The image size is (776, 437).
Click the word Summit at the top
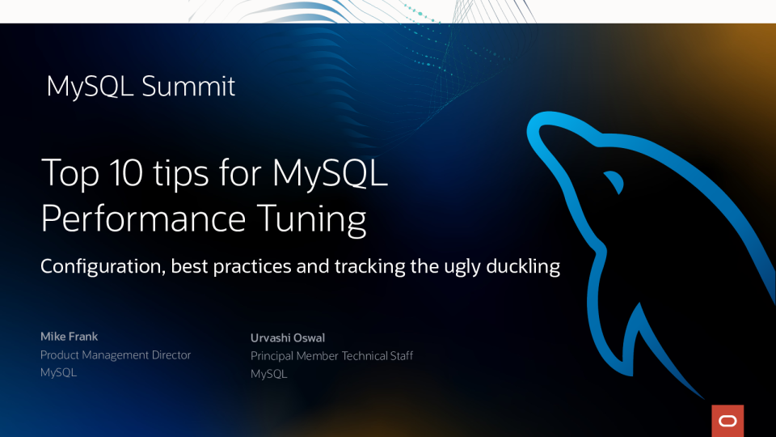click(188, 87)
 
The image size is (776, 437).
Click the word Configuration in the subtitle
click(103, 266)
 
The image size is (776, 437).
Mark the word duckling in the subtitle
click(521, 266)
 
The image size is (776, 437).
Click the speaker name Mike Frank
click(69, 336)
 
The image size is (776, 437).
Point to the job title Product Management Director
click(116, 354)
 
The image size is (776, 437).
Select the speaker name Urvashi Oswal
click(288, 337)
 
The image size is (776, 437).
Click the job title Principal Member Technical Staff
click(331, 356)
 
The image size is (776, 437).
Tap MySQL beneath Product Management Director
click(58, 372)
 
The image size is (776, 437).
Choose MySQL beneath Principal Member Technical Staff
click(268, 374)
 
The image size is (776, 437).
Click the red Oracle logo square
click(727, 421)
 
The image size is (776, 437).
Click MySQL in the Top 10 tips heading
click(331, 172)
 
